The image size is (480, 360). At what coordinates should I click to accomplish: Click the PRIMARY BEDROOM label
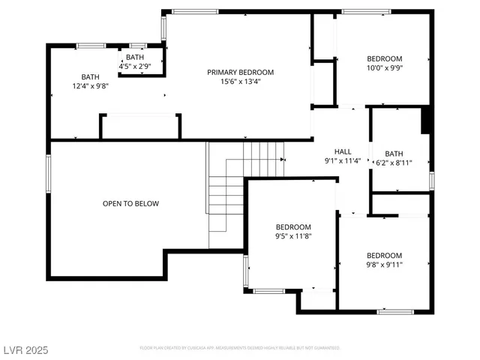click(240, 73)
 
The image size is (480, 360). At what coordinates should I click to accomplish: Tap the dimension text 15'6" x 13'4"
click(240, 82)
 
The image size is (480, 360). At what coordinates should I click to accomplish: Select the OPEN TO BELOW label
click(130, 203)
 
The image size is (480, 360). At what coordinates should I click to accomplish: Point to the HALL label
click(343, 151)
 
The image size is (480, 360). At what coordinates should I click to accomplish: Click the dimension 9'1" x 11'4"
click(343, 160)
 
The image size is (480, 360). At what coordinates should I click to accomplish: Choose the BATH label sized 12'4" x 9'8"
click(90, 76)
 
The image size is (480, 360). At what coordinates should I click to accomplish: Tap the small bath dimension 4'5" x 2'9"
click(135, 66)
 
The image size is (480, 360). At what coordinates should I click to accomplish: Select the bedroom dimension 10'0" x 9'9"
click(384, 68)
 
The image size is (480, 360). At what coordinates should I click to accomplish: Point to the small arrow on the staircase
click(282, 160)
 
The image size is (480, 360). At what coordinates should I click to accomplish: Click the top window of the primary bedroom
click(186, 11)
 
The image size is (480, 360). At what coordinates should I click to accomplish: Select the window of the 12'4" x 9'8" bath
click(91, 46)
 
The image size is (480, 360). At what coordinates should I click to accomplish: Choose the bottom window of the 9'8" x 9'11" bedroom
click(395, 311)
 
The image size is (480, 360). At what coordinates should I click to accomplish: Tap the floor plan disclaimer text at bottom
click(240, 348)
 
